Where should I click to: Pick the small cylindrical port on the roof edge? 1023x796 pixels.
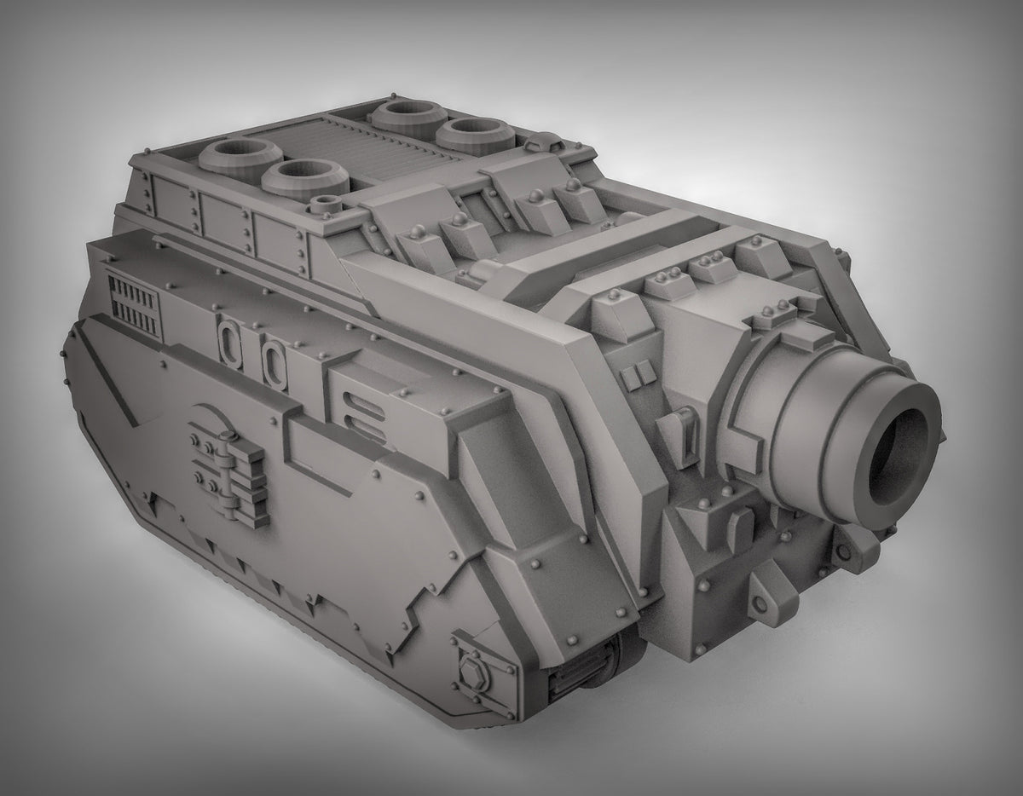coord(325,205)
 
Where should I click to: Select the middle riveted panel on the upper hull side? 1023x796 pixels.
coord(224,221)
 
